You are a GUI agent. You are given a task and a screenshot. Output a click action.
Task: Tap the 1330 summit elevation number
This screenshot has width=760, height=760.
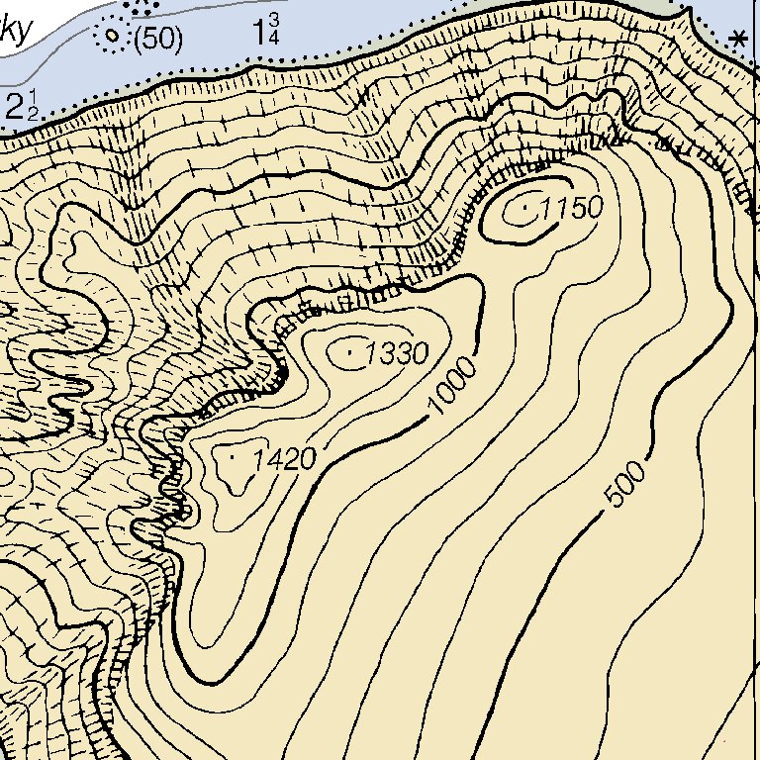tap(397, 353)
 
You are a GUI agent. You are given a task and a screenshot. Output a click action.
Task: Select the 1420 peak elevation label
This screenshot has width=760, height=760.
tap(284, 459)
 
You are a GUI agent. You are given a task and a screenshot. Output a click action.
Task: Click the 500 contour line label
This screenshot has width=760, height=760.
tap(625, 484)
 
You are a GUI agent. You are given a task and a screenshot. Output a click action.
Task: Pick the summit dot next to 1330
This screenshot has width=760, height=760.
tap(352, 349)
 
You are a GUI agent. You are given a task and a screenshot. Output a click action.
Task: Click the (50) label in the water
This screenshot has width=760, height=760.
tap(158, 39)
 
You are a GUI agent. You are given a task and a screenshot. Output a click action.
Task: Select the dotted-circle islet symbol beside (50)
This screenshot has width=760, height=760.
tap(111, 38)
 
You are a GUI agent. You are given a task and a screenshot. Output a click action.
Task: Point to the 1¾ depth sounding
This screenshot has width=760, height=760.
tap(266, 30)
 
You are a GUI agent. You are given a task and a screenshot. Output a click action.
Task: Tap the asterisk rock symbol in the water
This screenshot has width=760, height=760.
tap(737, 40)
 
